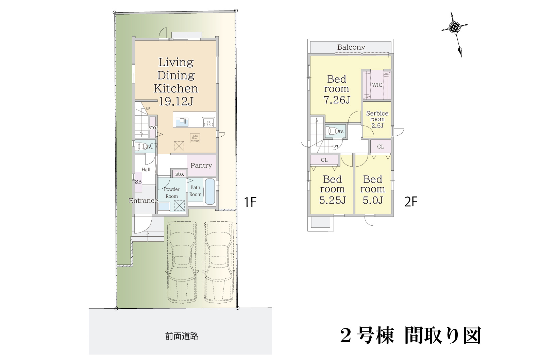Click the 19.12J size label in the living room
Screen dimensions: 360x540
click(176, 101)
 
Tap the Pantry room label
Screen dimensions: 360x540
click(201, 166)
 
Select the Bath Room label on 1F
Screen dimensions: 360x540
click(196, 191)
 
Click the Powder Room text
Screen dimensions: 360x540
click(172, 192)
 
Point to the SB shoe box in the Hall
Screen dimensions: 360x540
click(138, 182)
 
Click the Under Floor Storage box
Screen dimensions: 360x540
click(195, 138)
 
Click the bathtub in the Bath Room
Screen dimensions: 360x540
click(210, 192)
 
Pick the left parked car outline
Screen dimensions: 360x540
click(182, 262)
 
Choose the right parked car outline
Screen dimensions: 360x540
click(219, 262)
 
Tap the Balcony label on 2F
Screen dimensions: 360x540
click(351, 47)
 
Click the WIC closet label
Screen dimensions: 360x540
click(377, 85)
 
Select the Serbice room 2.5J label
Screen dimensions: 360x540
click(377, 119)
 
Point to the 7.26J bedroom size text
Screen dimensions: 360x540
click(336, 100)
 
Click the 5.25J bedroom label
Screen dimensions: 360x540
click(332, 200)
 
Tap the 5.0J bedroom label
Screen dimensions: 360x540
click(373, 200)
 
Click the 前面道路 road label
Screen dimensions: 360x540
click(182, 336)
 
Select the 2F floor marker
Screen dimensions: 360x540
click(410, 202)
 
